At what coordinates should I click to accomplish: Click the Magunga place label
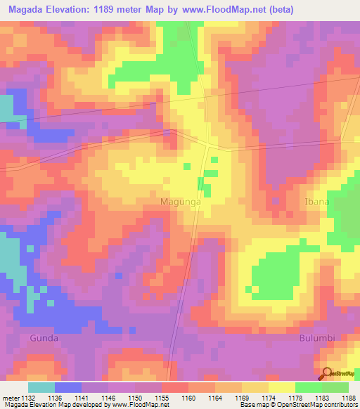point(181,202)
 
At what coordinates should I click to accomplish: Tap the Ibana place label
point(316,202)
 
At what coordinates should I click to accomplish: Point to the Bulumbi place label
point(313,338)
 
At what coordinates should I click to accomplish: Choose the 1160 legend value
point(188,397)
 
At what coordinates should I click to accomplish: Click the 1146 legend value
point(108,397)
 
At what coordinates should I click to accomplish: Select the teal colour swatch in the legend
point(41,387)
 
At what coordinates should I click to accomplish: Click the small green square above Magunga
point(187,166)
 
